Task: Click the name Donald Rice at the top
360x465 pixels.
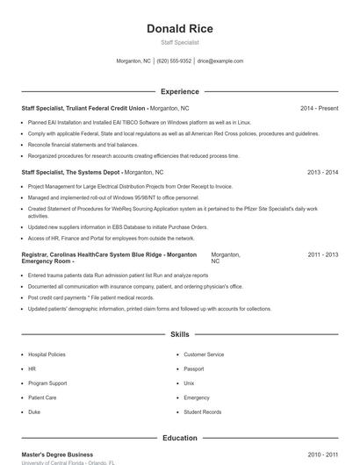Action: (x=180, y=28)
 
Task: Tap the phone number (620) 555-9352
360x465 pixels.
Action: (x=175, y=61)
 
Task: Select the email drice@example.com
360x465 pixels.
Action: (x=220, y=61)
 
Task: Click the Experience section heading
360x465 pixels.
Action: (x=180, y=91)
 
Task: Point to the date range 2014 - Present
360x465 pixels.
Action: (x=319, y=108)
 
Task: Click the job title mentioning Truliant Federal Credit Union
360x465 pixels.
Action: (x=84, y=108)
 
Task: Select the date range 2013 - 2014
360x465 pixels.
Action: (x=323, y=173)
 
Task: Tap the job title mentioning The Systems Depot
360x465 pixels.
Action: (x=72, y=173)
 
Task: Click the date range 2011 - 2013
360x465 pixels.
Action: (x=323, y=254)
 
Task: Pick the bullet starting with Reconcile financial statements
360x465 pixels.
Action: (x=83, y=145)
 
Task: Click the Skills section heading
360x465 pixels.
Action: (x=180, y=334)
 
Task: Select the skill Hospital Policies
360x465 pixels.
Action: (x=47, y=354)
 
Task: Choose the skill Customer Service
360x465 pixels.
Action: (x=204, y=354)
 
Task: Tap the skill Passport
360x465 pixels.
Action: (x=193, y=368)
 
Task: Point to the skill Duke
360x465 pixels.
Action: (x=34, y=411)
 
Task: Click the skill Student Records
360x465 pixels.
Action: (x=202, y=411)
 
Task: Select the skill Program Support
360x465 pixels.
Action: (x=47, y=383)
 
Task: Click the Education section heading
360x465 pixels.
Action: (x=180, y=438)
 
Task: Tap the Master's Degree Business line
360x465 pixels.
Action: (x=57, y=454)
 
